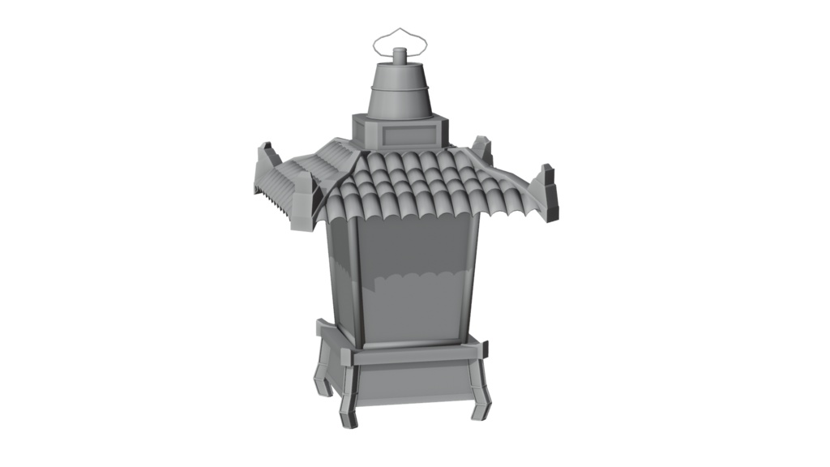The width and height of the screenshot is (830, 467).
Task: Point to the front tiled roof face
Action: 413,186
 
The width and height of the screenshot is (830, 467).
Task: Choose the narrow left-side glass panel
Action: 340,276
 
